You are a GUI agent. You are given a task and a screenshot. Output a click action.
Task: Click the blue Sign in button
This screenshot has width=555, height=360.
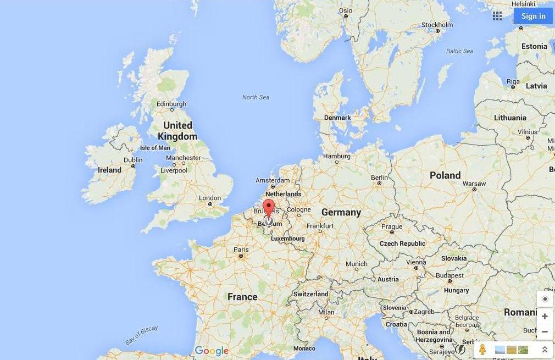[533, 16]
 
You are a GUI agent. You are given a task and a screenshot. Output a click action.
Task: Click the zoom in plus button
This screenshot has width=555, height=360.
[545, 316]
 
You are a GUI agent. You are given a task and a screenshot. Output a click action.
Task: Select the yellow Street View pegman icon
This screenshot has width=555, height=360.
[482, 350]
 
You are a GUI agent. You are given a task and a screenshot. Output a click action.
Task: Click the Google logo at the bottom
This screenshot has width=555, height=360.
[212, 351]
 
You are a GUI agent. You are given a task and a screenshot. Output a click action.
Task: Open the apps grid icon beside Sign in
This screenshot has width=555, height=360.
[497, 16]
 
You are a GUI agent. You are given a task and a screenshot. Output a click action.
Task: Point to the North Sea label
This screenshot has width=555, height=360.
[256, 97]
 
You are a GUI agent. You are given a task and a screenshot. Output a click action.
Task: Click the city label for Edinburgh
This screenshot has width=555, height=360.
[171, 104]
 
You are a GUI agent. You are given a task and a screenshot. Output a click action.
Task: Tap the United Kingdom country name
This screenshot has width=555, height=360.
[177, 131]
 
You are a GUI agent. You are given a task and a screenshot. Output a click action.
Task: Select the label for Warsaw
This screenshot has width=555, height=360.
[474, 184]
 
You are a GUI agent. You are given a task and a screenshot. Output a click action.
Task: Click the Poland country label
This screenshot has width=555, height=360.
[445, 175]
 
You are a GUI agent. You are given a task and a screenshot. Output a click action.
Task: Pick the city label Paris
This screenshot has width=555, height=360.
[241, 250]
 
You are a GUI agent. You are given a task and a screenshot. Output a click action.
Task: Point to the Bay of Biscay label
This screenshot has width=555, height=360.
[141, 335]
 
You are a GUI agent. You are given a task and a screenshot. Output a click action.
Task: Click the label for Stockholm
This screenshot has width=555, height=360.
[437, 25]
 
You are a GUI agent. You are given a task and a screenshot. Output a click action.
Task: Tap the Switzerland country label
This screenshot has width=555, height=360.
[310, 294]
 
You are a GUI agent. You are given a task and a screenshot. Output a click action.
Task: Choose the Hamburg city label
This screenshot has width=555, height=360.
[337, 156]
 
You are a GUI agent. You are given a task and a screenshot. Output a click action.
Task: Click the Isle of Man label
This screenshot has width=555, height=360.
[155, 148]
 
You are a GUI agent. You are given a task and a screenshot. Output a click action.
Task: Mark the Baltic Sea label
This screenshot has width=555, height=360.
[459, 51]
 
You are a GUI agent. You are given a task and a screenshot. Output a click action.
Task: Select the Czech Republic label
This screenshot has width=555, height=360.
[402, 243]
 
